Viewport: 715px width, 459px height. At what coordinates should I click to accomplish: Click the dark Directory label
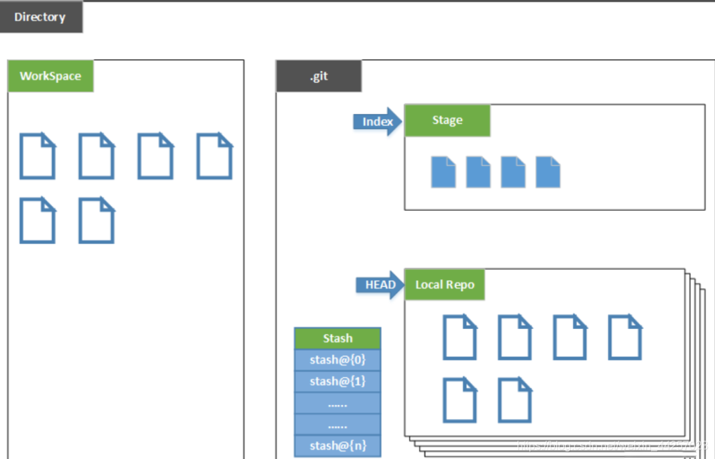40,17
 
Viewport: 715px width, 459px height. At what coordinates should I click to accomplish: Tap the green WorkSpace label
50,76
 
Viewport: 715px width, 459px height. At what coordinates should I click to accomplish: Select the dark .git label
318,76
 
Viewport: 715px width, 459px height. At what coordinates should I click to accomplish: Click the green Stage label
447,120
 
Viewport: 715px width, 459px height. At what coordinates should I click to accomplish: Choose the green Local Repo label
444,285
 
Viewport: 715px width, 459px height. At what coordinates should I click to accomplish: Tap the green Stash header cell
337,338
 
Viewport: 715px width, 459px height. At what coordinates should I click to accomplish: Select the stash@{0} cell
337,360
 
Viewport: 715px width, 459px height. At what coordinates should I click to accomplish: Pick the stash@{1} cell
337,381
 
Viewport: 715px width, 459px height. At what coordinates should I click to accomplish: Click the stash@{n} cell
337,446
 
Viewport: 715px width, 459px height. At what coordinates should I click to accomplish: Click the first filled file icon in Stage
443,172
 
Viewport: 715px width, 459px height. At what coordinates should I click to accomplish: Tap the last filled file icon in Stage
548,172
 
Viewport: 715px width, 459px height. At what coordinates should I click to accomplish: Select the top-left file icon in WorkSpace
37,156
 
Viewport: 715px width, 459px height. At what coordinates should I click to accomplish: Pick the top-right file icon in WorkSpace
214,156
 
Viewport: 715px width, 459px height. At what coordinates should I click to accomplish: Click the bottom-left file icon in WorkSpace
37,220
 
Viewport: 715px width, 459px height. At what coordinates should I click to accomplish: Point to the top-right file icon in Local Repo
624,337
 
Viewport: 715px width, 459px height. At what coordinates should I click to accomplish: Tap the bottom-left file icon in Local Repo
460,400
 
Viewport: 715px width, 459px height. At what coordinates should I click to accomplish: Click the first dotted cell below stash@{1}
337,403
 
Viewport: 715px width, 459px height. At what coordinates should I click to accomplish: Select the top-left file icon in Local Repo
460,337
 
